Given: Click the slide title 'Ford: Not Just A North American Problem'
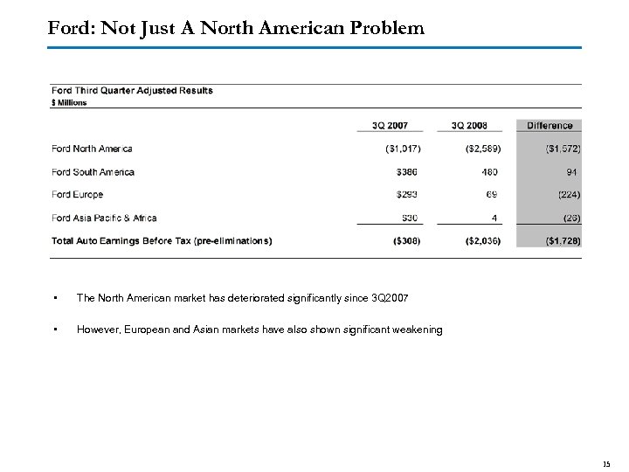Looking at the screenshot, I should click(x=237, y=28).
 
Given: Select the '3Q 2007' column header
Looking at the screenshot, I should click(x=390, y=125).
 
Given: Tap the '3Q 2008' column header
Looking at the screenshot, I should click(x=469, y=125).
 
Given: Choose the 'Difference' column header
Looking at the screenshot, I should click(x=550, y=125).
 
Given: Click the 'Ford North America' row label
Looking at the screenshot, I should click(x=93, y=149).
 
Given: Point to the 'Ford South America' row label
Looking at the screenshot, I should click(x=93, y=171).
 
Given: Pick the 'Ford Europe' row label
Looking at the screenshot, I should click(x=78, y=194).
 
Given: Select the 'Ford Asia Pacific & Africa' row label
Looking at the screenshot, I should click(x=105, y=218).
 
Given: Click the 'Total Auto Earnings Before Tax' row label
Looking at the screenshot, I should click(x=162, y=240).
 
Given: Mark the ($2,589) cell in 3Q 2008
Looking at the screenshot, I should click(x=482, y=149).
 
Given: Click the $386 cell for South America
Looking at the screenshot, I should click(x=408, y=171).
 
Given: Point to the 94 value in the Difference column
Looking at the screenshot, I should click(x=573, y=171).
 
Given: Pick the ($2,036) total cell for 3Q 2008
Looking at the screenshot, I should click(x=482, y=240).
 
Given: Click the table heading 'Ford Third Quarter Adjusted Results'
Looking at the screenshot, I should click(x=132, y=90).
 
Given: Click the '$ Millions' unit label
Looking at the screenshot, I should click(x=70, y=102).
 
